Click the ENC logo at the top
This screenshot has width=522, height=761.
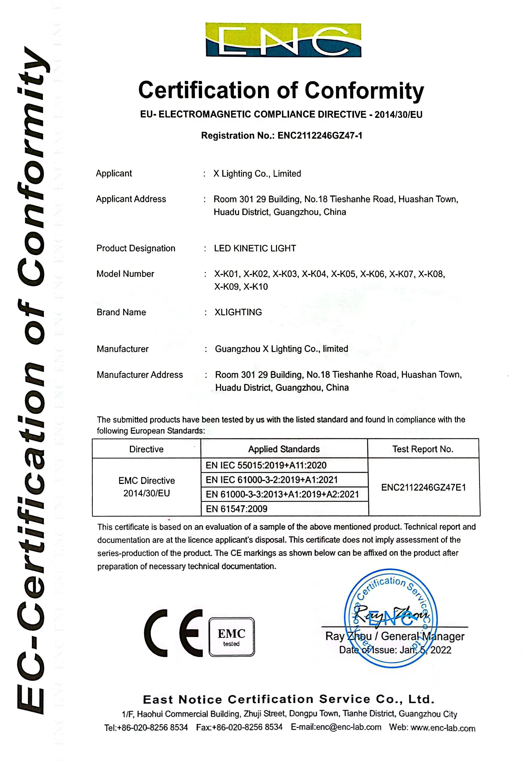[283, 40]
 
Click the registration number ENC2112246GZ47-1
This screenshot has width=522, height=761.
[320, 136]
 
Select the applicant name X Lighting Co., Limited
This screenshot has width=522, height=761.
[257, 174]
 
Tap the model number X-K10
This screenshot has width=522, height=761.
[256, 287]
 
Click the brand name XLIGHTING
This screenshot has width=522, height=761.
[238, 312]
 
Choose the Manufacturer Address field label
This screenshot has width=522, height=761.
[140, 375]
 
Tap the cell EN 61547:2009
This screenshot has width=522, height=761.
[237, 509]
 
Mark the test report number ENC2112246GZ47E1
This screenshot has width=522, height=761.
[424, 488]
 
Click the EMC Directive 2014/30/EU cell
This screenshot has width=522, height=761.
[147, 487]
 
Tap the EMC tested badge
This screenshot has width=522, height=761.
[232, 637]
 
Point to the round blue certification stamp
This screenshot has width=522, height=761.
[391, 617]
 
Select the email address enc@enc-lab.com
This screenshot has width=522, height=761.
[336, 727]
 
